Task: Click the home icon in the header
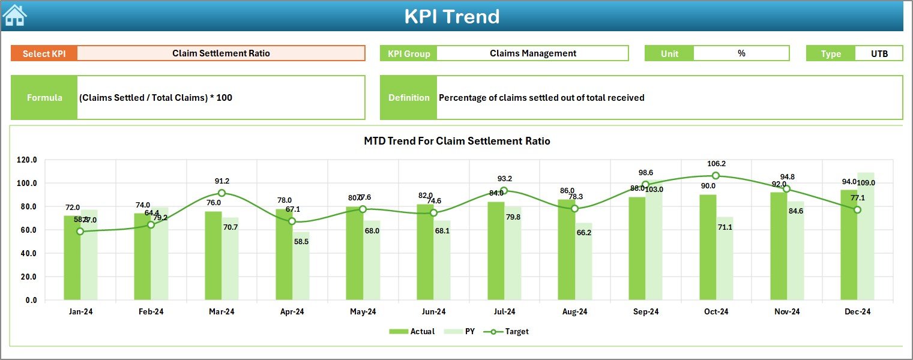tap(14, 16)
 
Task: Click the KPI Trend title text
tap(451, 16)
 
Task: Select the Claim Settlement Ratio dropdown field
tap(221, 53)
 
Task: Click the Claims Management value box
tap(532, 53)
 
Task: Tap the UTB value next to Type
tap(879, 53)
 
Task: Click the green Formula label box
tap(44, 98)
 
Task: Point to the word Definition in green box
tap(409, 98)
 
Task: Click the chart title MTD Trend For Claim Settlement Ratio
tap(457, 141)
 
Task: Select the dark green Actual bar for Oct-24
tap(708, 247)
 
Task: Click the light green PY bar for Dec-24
tap(866, 236)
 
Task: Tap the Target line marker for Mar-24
tap(221, 193)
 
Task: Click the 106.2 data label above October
tap(716, 163)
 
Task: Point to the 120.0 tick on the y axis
tap(27, 160)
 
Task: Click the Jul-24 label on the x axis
tap(504, 312)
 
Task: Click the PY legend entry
tap(463, 331)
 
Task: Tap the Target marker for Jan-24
tap(80, 232)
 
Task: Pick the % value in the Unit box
tap(741, 53)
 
